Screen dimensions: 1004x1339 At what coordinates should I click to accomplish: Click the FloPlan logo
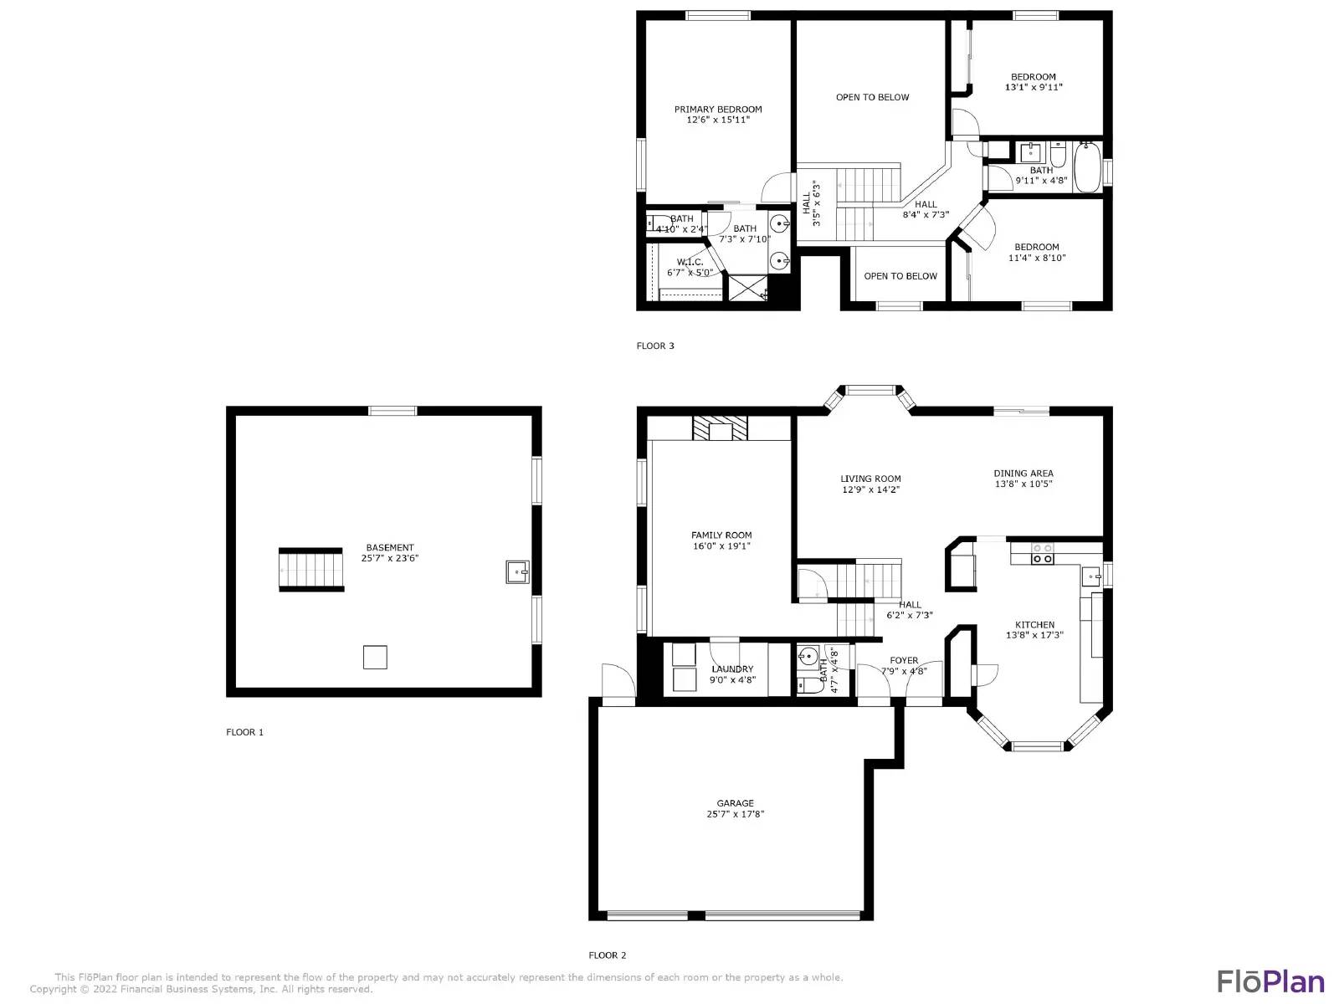1270,981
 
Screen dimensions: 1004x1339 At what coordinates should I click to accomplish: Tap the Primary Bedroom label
718,110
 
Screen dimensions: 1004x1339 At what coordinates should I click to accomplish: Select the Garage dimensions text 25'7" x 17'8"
735,814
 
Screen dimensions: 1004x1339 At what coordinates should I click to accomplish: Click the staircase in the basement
311,570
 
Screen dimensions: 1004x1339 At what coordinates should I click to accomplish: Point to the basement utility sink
517,572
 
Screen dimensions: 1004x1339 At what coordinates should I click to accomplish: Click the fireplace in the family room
719,428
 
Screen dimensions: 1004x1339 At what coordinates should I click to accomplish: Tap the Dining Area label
1023,474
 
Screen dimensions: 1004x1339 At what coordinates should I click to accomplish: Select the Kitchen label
1034,625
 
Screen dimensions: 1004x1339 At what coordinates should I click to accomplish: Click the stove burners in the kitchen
1042,554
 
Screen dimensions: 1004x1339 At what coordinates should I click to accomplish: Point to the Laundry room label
732,669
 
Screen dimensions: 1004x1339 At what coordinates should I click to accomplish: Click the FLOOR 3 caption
655,346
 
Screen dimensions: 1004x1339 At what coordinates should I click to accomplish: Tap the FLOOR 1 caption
244,733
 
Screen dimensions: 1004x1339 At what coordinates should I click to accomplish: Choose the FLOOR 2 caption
607,955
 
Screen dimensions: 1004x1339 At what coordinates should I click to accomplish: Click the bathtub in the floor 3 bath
1087,167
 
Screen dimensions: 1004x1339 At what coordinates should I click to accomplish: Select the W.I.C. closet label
690,263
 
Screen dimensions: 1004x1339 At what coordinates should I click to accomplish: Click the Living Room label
870,479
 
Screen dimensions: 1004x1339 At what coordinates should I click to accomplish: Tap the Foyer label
904,661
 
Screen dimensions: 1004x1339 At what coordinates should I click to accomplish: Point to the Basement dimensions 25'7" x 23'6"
389,559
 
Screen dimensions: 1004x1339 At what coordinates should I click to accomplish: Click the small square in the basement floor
375,658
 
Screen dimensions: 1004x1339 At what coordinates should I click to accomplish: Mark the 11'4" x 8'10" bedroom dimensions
1036,259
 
